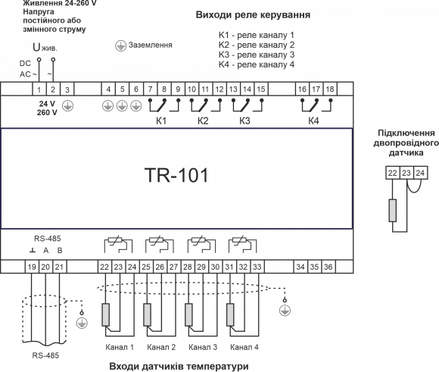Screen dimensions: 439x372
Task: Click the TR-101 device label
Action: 176,175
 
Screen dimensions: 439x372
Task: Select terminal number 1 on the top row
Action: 39,89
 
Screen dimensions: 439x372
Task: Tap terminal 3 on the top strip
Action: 67,89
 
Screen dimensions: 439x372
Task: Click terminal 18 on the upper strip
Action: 330,89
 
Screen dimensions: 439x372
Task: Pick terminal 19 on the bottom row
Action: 32,267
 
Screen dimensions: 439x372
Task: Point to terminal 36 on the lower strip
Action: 328,267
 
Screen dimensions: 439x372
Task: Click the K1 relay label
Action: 161,120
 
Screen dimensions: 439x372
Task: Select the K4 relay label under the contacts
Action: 313,120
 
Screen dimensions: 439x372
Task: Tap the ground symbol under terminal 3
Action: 68,106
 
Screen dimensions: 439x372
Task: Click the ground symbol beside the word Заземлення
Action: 120,45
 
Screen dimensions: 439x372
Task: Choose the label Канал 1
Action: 120,347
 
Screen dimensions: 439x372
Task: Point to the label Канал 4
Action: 244,347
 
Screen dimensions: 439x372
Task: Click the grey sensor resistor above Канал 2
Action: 148,315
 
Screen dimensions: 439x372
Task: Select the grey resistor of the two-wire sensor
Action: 393,211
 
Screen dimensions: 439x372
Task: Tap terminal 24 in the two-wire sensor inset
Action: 420,173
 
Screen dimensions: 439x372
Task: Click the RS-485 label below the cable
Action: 45,355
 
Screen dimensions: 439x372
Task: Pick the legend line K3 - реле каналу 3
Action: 257,55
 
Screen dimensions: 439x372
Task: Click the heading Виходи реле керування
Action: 253,14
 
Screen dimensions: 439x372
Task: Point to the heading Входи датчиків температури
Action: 179,366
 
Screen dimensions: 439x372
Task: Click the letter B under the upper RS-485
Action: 60,250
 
